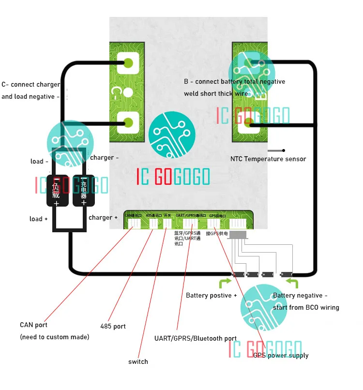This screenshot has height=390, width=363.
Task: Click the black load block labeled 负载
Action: click(x=56, y=190)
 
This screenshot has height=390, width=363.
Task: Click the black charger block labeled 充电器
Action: click(x=84, y=190)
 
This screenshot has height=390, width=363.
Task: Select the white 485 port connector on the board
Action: click(x=153, y=224)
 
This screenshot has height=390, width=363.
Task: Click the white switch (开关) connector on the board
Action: click(x=167, y=224)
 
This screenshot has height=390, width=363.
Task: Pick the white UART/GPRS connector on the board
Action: click(x=190, y=224)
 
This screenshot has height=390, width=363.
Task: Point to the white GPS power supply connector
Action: click(x=213, y=224)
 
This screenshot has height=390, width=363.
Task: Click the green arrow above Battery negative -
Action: click(x=292, y=282)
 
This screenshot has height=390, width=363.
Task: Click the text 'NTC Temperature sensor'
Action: click(x=268, y=159)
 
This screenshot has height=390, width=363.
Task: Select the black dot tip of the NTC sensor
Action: click(x=284, y=150)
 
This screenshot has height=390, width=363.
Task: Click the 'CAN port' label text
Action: click(x=33, y=325)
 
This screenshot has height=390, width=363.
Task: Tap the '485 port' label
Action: click(x=113, y=326)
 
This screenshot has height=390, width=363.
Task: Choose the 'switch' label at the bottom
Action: click(x=138, y=361)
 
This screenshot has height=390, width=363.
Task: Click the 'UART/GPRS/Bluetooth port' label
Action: click(x=195, y=338)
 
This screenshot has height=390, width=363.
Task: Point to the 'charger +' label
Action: click(x=103, y=218)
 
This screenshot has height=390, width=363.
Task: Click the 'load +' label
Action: click(x=39, y=219)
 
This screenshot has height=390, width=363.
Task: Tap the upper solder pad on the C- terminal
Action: click(x=128, y=62)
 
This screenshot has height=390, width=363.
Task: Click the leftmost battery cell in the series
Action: click(x=239, y=274)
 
